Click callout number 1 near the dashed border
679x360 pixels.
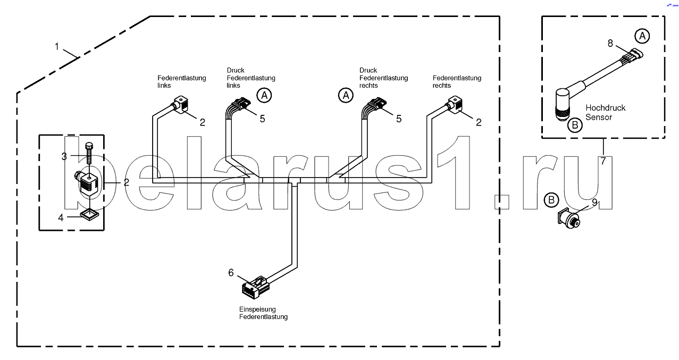57,47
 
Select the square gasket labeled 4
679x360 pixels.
89,215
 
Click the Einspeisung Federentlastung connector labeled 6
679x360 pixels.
256,287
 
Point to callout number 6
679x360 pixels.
231,273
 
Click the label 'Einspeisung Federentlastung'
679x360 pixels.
263,313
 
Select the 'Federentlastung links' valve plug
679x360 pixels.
181,105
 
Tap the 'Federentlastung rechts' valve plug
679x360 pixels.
455,105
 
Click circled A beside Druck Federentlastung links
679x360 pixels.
264,96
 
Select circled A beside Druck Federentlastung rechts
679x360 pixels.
346,96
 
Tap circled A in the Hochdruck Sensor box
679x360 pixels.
642,36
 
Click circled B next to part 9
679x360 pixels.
551,200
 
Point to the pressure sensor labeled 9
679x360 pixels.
569,218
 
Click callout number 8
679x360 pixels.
610,43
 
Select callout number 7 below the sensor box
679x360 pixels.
603,161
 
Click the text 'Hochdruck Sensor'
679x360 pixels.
605,112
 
